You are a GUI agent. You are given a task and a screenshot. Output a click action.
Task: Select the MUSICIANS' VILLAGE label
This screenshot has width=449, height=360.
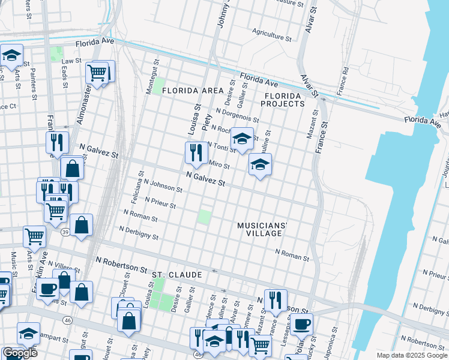coord(262,229)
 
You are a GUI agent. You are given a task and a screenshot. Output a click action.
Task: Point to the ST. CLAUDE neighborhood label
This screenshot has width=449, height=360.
coord(175,274)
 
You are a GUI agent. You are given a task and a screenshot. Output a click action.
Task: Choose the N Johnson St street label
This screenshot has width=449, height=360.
coord(163,185)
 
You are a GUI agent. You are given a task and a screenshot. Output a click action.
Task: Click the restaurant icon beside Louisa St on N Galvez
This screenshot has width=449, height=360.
coord(196,153)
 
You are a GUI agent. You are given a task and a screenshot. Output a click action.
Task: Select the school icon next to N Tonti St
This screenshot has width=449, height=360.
coord(242,139)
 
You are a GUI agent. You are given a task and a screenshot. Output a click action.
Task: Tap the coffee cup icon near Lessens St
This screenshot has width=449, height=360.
coord(302,324)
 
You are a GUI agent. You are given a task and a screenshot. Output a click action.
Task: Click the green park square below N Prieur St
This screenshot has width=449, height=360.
coord(205,217)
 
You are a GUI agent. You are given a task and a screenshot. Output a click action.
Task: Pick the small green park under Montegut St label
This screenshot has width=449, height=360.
coord(158,86)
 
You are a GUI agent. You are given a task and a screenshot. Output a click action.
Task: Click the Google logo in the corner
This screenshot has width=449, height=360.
coord(20,353)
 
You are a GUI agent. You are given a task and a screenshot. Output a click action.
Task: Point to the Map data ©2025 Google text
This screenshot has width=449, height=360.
coord(411,355)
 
